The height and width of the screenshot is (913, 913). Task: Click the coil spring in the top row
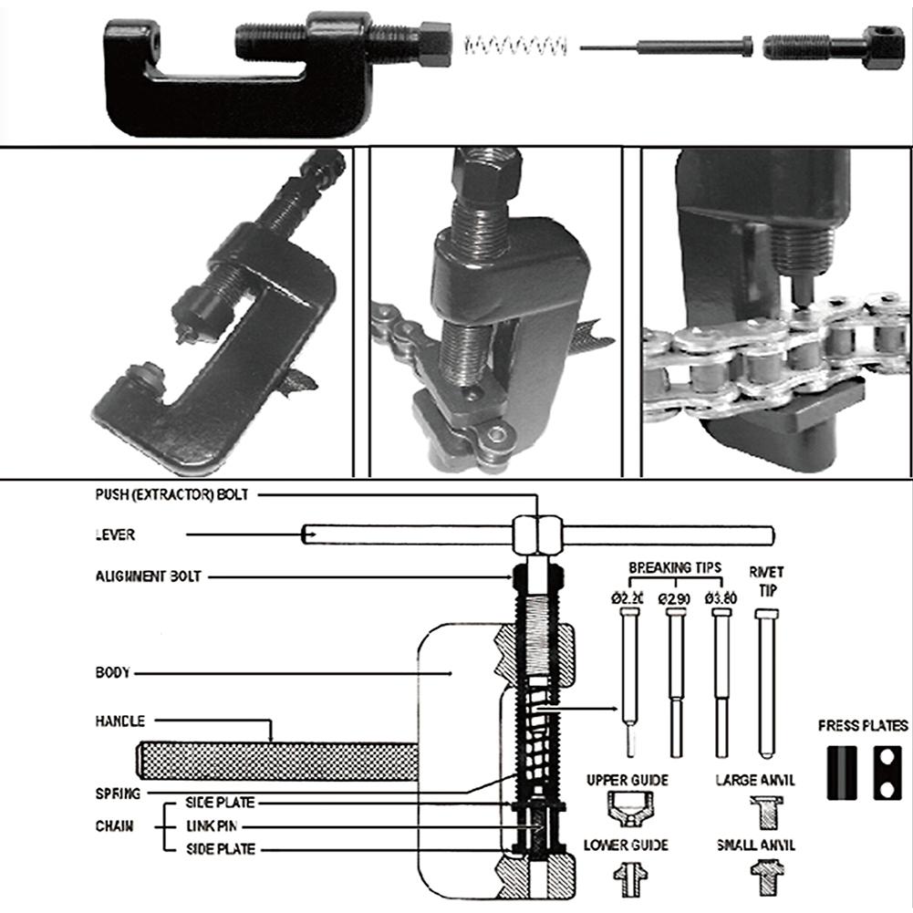515,44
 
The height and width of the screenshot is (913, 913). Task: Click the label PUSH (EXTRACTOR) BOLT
171,494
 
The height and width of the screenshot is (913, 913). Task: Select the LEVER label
115,534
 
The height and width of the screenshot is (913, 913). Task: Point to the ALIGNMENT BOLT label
148,576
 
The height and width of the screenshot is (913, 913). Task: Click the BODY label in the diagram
113,673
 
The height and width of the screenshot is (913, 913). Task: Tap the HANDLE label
119,721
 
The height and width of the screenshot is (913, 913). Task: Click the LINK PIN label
219,826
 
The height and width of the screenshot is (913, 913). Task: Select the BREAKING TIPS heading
674,567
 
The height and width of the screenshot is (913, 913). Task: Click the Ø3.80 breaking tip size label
721,598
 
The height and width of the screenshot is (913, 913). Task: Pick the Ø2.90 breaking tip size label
674,598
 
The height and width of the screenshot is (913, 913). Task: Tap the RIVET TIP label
765,580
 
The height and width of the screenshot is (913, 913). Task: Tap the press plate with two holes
887,772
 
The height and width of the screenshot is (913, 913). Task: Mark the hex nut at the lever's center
537,534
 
